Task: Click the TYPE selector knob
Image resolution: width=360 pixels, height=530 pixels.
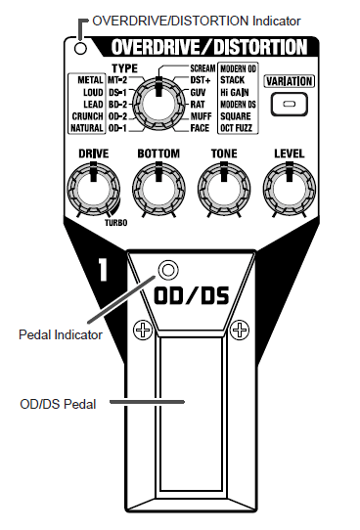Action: [x=156, y=100]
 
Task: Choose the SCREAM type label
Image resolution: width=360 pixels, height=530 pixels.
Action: [x=202, y=67]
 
